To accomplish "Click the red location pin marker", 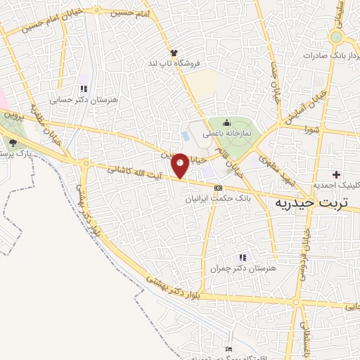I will [180, 165].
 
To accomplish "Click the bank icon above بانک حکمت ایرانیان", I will [218, 188].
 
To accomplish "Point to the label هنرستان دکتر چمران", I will [243, 269].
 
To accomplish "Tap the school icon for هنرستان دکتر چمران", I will [243, 257].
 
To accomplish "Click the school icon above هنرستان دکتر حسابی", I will [83, 89].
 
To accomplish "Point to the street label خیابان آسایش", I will [316, 103].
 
